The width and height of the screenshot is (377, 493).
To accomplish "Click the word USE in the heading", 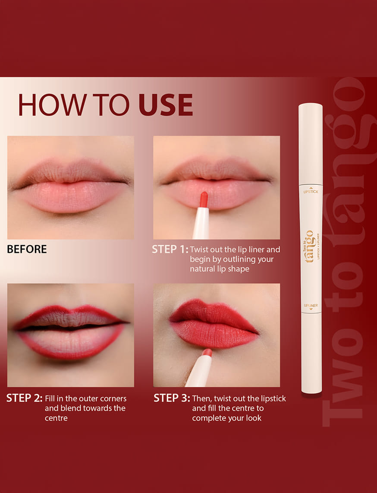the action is pos(166,105).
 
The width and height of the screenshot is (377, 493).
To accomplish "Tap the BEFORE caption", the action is pos(27,249).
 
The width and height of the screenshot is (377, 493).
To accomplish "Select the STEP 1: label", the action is pos(170,250).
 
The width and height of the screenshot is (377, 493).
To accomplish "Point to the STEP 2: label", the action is pos(24,398).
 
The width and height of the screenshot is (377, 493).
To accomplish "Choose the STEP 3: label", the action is pos(172,398).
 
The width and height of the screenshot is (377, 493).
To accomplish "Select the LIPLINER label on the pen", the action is pos(311,305).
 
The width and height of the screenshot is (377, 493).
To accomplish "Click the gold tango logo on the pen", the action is pos(309,246).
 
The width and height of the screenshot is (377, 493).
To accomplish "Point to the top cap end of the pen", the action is pos(311,104).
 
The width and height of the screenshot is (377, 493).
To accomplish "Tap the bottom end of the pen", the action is pos(312,392).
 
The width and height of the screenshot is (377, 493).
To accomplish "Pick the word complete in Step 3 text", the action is pos(208,418).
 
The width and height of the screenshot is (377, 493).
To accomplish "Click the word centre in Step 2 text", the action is pos(56,418).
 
